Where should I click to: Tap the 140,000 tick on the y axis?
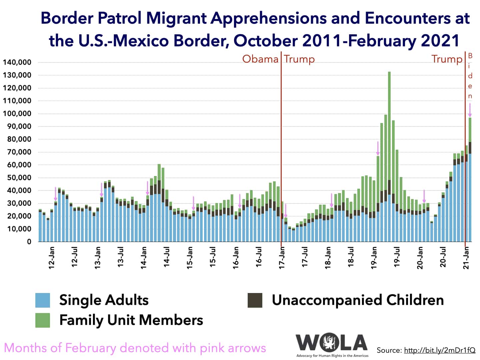click(x=17, y=62)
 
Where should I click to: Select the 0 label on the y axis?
click(x=29, y=242)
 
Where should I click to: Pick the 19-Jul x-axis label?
click(x=397, y=256)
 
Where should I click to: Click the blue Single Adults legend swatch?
click(x=43, y=300)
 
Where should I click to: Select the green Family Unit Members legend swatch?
click(x=43, y=320)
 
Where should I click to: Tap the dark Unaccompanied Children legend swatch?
click(x=255, y=300)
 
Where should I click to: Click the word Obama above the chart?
click(x=260, y=59)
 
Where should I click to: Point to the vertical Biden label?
click(x=470, y=76)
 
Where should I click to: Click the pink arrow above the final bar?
click(x=470, y=110)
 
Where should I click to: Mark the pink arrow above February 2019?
click(x=378, y=148)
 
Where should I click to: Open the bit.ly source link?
click(x=440, y=350)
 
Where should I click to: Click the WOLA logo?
click(x=332, y=343)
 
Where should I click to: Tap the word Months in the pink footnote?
click(x=25, y=348)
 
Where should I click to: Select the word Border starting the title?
click(x=65, y=18)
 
